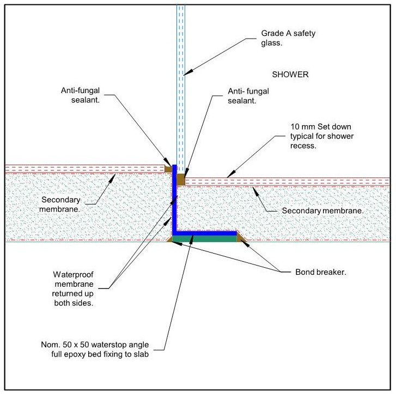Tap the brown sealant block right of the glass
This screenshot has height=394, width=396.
[181, 178]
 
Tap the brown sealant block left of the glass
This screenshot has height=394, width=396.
[168, 169]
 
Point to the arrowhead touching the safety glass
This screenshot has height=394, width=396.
[185, 73]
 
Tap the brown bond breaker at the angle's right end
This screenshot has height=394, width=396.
[240, 237]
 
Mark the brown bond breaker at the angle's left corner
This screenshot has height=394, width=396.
[169, 238]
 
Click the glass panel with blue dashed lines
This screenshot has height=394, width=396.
[181, 82]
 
